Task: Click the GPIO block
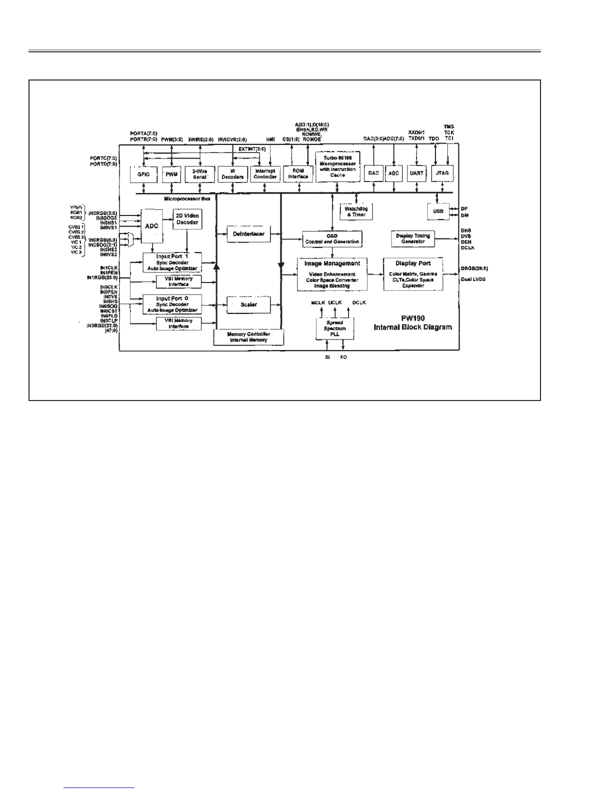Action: (143, 174)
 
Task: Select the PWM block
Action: (171, 174)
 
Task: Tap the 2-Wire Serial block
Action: (199, 174)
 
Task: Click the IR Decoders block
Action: (232, 174)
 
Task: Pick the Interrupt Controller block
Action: (265, 174)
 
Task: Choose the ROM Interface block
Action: (298, 173)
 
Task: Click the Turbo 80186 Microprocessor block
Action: (337, 167)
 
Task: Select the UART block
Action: (416, 173)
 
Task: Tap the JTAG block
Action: (442, 173)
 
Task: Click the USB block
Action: (438, 211)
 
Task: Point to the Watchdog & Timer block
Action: (356, 211)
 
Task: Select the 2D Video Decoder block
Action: (187, 219)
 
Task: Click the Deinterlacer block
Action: (248, 234)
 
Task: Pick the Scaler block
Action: (248, 304)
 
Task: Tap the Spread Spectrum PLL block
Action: (334, 328)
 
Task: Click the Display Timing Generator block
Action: (412, 238)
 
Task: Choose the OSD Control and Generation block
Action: (332, 238)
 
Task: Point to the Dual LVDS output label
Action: (472, 279)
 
